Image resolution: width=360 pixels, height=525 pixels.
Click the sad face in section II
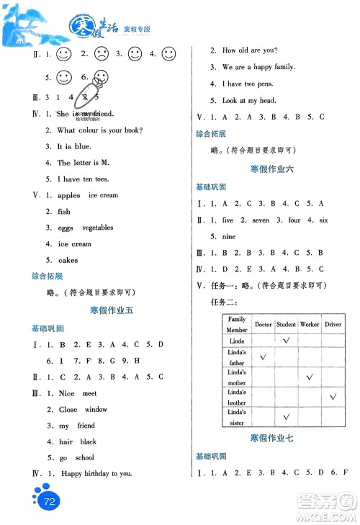pos(102,53)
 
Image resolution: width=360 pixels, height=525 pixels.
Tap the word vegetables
pos(98,228)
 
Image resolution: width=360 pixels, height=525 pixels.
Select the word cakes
pos(68,260)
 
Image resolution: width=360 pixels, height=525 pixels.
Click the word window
pos(96,409)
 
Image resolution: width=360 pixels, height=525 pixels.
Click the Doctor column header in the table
pos(263,325)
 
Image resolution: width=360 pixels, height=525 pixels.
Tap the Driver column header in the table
pos(333,325)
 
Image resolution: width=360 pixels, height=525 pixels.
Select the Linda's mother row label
pos(237,377)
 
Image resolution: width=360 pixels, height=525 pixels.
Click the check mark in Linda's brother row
pos(333,397)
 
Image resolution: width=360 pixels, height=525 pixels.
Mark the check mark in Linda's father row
pos(263,356)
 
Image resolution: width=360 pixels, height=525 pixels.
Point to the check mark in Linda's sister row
pos(287,416)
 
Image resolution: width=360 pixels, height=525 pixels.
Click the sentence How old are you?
pos(250,50)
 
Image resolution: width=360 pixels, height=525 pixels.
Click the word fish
pos(64,212)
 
